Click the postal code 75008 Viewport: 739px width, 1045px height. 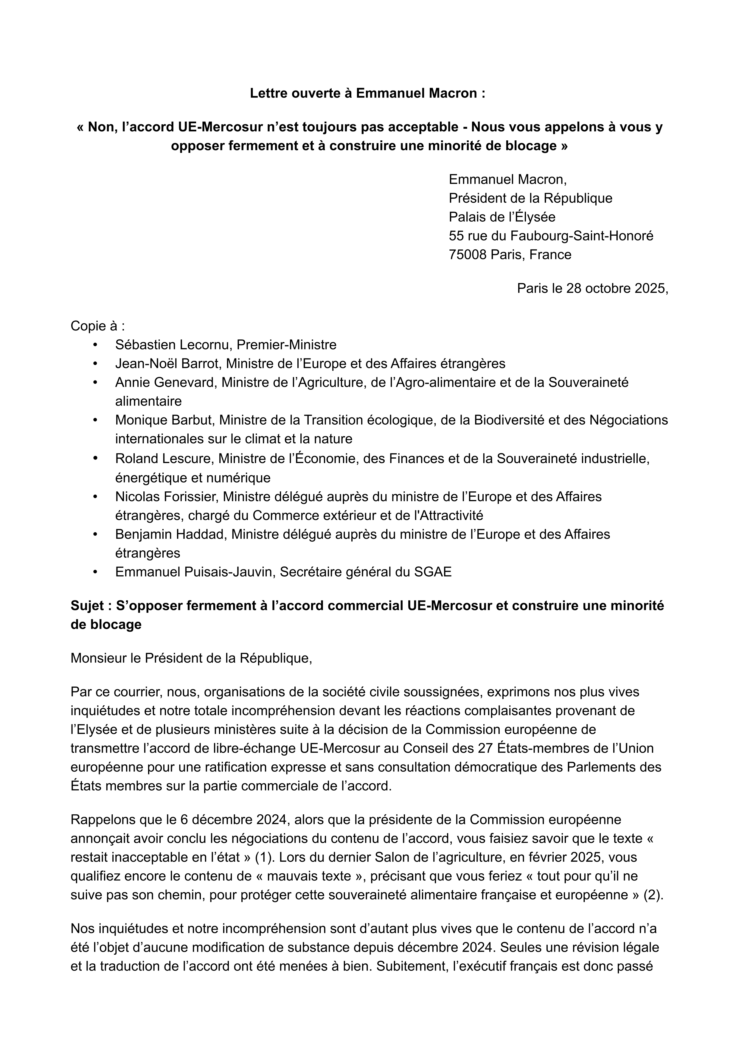point(468,254)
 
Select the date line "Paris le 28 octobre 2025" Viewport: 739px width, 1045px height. point(592,288)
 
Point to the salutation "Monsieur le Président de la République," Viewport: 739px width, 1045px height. point(191,658)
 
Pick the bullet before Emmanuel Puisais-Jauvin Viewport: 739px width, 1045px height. point(95,572)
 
